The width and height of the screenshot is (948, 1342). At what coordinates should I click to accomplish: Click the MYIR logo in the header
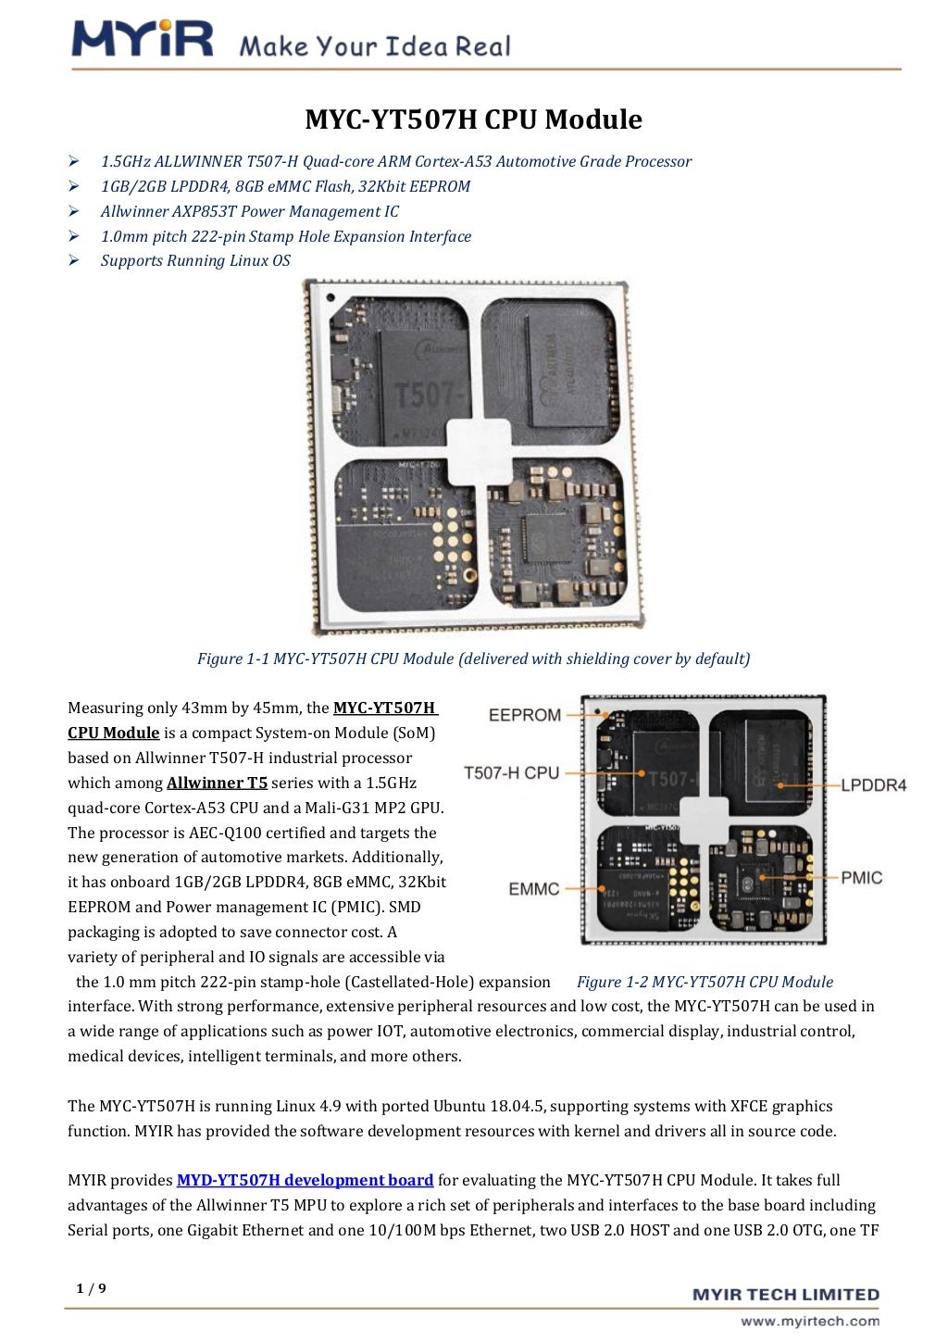tap(142, 39)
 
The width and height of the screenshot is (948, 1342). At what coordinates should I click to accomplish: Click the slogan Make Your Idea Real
tap(374, 46)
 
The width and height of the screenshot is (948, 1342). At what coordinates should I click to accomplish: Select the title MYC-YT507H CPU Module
tap(473, 119)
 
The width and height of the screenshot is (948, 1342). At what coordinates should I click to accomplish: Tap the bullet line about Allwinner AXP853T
tap(249, 211)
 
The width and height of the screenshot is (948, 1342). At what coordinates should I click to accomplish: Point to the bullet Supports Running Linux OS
tap(195, 261)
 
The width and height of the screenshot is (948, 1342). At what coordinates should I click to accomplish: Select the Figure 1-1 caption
tap(473, 659)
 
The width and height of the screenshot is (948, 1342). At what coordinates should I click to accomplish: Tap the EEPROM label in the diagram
tap(524, 715)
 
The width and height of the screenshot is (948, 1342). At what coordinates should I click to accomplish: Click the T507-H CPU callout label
tap(511, 773)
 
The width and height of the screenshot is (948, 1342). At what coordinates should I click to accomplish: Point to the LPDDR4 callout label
tap(873, 785)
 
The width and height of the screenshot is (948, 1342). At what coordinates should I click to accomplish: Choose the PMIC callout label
tap(861, 877)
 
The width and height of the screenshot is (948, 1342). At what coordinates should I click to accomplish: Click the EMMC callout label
tap(533, 889)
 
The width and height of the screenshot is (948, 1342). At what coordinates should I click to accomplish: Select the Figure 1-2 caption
tap(705, 982)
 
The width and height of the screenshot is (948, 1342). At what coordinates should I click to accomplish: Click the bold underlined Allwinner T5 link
tap(217, 783)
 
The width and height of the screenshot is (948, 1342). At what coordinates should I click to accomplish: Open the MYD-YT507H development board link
tap(305, 1180)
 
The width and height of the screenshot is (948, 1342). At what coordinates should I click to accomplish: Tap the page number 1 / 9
tap(91, 1288)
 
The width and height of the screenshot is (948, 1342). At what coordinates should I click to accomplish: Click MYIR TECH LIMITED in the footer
tap(785, 1295)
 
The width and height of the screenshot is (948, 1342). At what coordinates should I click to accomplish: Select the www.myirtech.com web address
tap(809, 1322)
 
